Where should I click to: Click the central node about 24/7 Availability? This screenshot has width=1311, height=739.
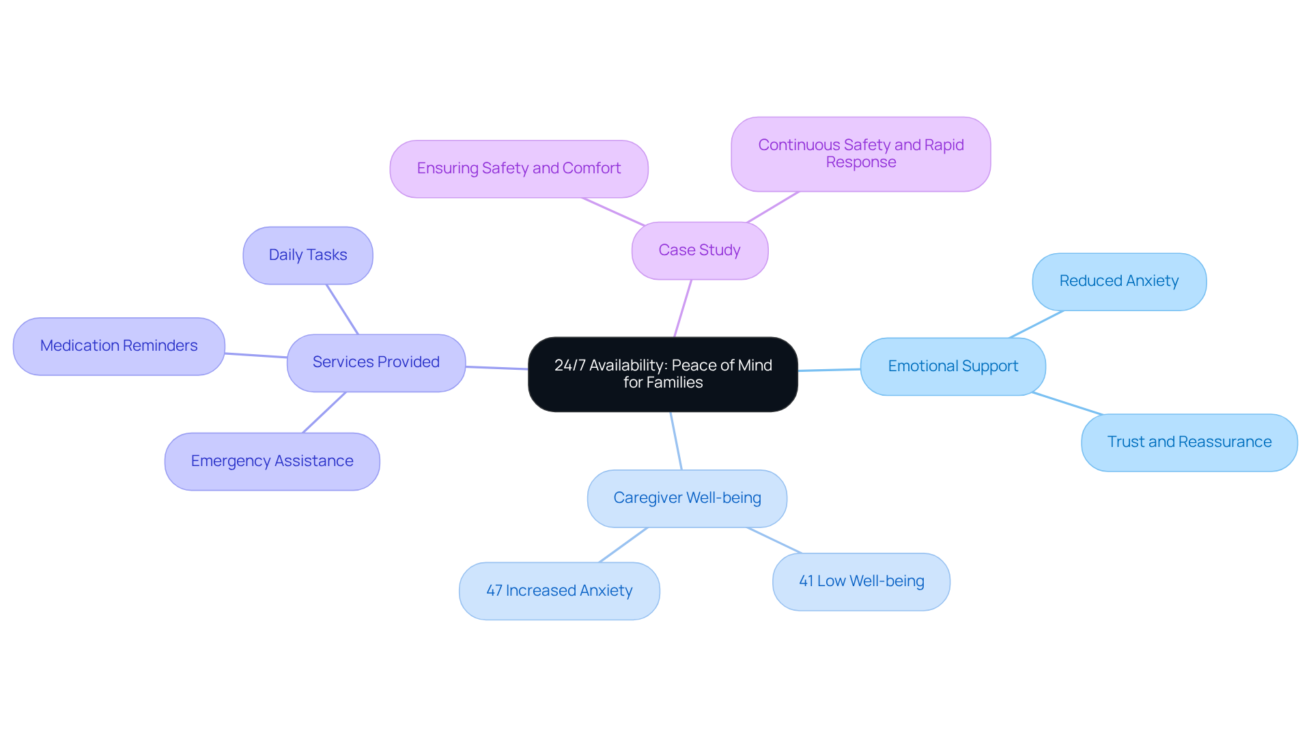662,374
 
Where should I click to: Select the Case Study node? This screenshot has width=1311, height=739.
699,250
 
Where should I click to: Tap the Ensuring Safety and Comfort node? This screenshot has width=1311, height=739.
518,169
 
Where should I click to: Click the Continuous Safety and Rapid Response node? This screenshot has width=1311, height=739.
860,154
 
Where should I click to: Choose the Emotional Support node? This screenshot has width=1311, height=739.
953,366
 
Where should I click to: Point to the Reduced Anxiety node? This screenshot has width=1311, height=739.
1118,281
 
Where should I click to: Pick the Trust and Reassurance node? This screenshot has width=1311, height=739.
1189,442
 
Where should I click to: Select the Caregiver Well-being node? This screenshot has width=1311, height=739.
686,498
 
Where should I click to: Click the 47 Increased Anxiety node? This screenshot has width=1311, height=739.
559,591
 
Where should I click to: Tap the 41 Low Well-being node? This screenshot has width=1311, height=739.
860,581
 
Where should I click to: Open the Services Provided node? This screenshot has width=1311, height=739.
376,362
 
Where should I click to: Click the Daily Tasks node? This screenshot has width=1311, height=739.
307,255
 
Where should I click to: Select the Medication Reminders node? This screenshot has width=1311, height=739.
118,346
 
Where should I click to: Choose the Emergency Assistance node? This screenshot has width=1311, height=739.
272,461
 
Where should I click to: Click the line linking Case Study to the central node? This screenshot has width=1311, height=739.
683,308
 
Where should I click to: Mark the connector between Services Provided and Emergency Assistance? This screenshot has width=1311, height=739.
324,412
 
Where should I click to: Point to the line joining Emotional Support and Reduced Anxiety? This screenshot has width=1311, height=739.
1037,324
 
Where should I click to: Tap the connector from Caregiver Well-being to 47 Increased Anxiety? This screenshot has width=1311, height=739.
623,545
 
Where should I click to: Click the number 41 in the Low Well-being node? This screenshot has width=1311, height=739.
806,581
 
